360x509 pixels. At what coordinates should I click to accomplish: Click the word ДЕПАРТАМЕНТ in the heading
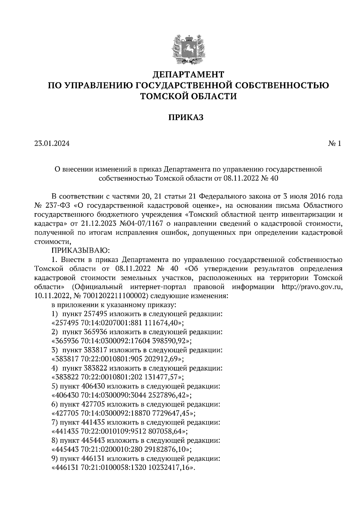coord(188,74)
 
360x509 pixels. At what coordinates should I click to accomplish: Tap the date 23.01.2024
coord(52,144)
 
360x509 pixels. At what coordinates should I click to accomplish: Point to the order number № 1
coord(334,144)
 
